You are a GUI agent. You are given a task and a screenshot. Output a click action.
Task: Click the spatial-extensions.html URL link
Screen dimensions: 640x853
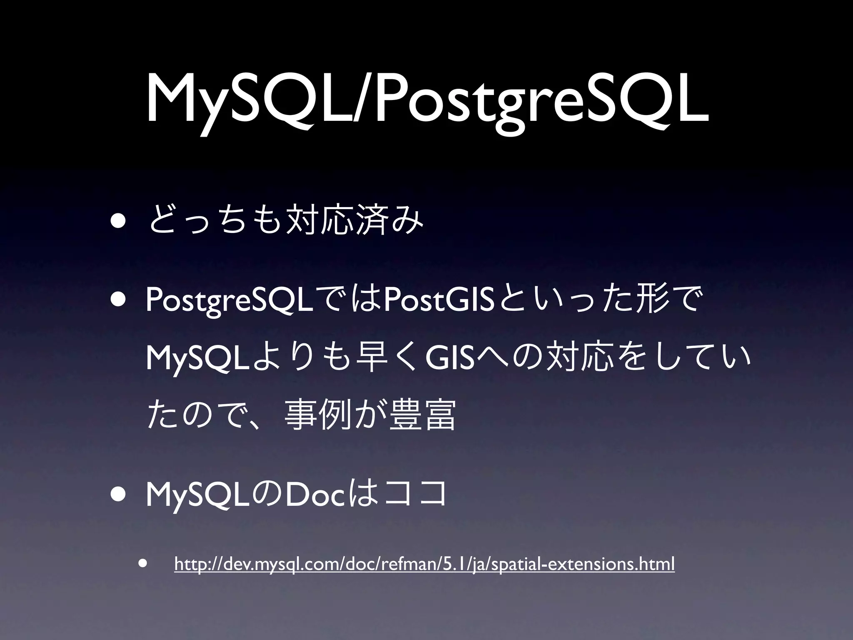(424, 564)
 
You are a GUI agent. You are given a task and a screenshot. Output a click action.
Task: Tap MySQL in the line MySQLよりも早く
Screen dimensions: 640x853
(198, 358)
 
